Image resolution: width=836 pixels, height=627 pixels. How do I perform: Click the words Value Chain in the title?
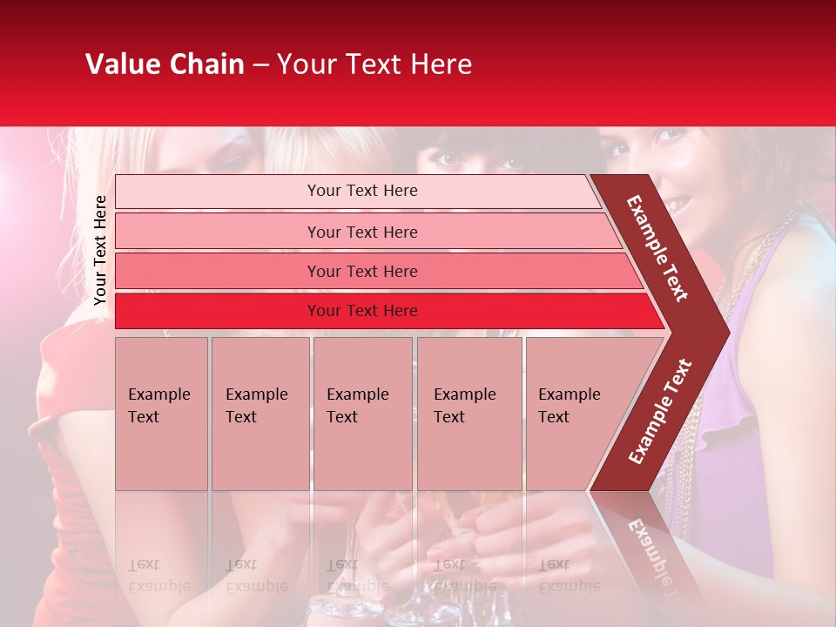(165, 64)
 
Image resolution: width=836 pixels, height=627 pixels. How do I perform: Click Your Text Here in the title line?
(374, 64)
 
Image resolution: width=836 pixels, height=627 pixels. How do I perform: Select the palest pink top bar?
(361, 191)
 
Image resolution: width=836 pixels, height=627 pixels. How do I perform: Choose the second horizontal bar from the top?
(362, 232)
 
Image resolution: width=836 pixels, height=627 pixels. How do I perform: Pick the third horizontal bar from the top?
(362, 271)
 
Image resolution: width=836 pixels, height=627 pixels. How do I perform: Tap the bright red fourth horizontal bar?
(362, 311)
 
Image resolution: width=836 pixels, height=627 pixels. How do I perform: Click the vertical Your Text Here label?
(100, 250)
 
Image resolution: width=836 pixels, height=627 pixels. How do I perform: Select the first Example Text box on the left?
(161, 413)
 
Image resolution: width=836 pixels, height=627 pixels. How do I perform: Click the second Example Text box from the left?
(260, 413)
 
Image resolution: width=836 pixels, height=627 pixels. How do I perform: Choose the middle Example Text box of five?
(361, 413)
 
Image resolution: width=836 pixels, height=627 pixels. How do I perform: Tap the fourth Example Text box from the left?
(469, 413)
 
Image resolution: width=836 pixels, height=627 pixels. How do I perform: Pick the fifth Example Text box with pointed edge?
(575, 413)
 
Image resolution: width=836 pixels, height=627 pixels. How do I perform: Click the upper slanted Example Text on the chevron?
(657, 248)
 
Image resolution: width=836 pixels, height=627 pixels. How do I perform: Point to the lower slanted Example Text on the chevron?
(660, 411)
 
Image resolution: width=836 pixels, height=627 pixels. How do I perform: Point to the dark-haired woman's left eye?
(445, 159)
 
